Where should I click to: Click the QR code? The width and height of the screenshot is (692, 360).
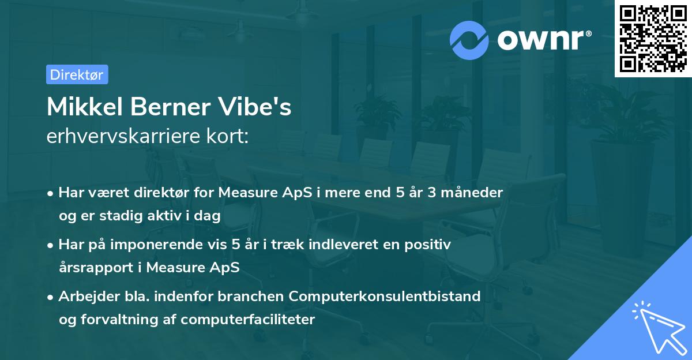tap(653, 39)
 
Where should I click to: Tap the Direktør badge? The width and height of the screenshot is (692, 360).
tap(77, 74)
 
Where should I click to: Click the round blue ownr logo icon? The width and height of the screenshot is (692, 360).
tap(469, 40)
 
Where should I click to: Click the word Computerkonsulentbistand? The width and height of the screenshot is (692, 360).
tap(385, 296)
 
